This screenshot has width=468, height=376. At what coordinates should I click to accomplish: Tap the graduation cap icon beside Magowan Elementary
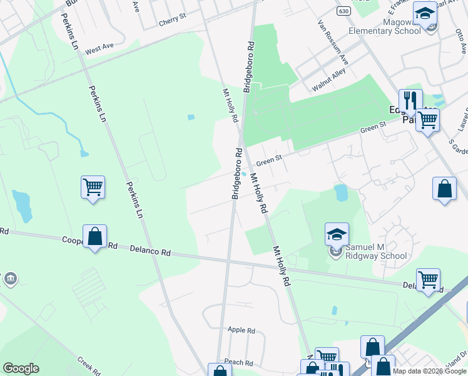[x=425, y=14]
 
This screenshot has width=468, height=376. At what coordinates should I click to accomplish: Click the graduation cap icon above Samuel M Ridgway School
[x=337, y=235]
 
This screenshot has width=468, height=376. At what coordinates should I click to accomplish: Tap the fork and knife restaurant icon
[x=410, y=100]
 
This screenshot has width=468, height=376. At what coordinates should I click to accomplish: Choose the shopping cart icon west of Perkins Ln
[x=93, y=187]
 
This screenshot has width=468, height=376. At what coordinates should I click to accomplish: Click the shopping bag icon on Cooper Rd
[x=94, y=237]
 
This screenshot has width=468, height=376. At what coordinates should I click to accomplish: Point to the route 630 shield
[x=342, y=11]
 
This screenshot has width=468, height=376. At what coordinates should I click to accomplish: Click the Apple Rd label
[x=242, y=330]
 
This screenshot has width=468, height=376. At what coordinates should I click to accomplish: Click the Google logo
[x=21, y=368]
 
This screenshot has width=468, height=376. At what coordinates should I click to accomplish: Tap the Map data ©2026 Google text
[x=430, y=371]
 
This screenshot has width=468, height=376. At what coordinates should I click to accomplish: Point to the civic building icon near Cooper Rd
[x=11, y=278]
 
